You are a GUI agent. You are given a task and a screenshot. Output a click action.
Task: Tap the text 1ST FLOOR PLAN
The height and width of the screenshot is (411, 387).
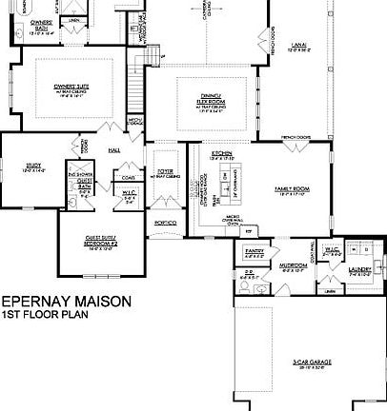[x=44, y=314]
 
